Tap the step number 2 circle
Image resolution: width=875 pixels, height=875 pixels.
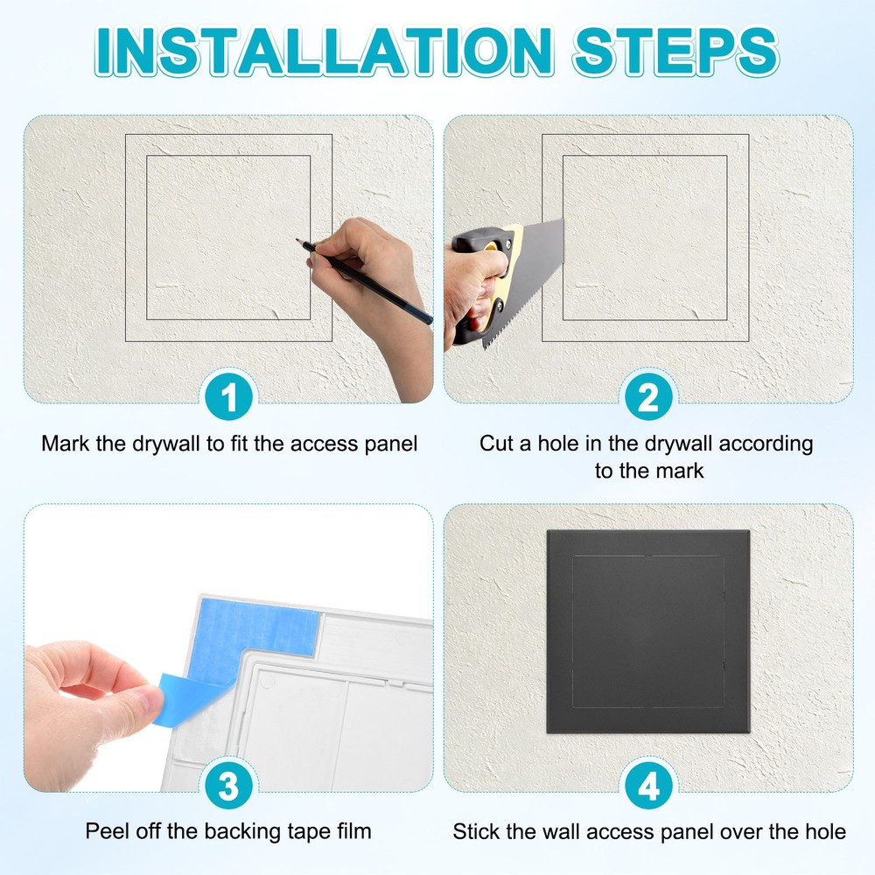(648, 399)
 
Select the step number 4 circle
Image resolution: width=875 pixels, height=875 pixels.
(648, 787)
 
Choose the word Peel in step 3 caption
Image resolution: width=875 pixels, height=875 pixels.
(105, 830)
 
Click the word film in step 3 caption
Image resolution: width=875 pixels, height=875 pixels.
(353, 830)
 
